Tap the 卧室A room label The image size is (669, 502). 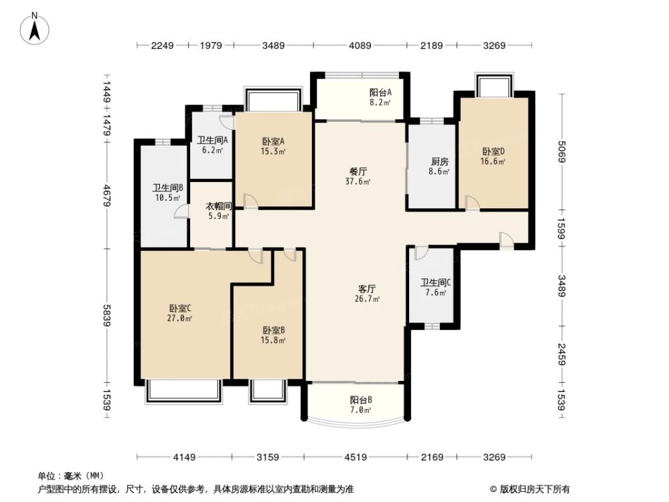[273, 141]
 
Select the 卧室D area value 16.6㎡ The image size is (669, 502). [492, 161]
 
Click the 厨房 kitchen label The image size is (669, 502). [439, 161]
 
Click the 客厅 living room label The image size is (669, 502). [367, 289]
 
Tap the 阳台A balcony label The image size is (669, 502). [380, 93]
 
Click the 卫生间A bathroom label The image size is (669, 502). [213, 141]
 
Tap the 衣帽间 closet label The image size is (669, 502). [218, 207]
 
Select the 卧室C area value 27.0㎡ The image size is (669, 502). [180, 319]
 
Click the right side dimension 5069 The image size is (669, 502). [561, 155]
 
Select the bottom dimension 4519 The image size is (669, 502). [356, 457]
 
